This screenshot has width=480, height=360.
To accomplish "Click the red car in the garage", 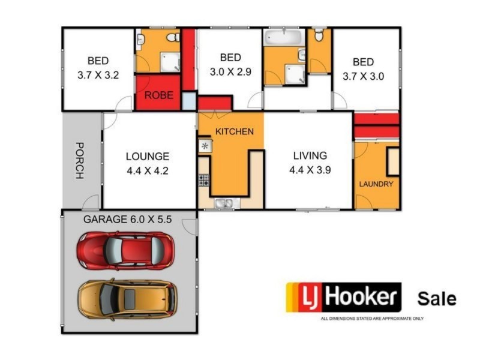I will [x=125, y=250].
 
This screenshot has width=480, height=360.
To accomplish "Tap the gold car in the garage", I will [x=127, y=298].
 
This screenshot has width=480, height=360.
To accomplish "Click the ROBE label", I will [x=158, y=95].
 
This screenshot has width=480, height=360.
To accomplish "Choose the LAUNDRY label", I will [x=376, y=184].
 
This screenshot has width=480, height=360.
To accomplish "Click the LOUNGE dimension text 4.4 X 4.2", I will [x=148, y=169].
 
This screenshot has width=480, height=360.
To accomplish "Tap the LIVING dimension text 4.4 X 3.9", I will [x=310, y=169].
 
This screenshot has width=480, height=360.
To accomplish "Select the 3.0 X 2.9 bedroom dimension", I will [x=230, y=71].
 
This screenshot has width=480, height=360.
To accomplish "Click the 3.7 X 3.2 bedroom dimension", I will [x=98, y=76].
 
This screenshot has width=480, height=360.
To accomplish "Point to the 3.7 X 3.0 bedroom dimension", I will [x=363, y=76].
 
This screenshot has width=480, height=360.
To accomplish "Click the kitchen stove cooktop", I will [x=204, y=179].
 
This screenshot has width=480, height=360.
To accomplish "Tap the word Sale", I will [x=437, y=298].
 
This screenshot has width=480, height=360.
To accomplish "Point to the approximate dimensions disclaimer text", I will [x=372, y=318].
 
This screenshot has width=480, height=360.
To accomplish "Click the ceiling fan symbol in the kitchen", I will [x=205, y=146].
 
